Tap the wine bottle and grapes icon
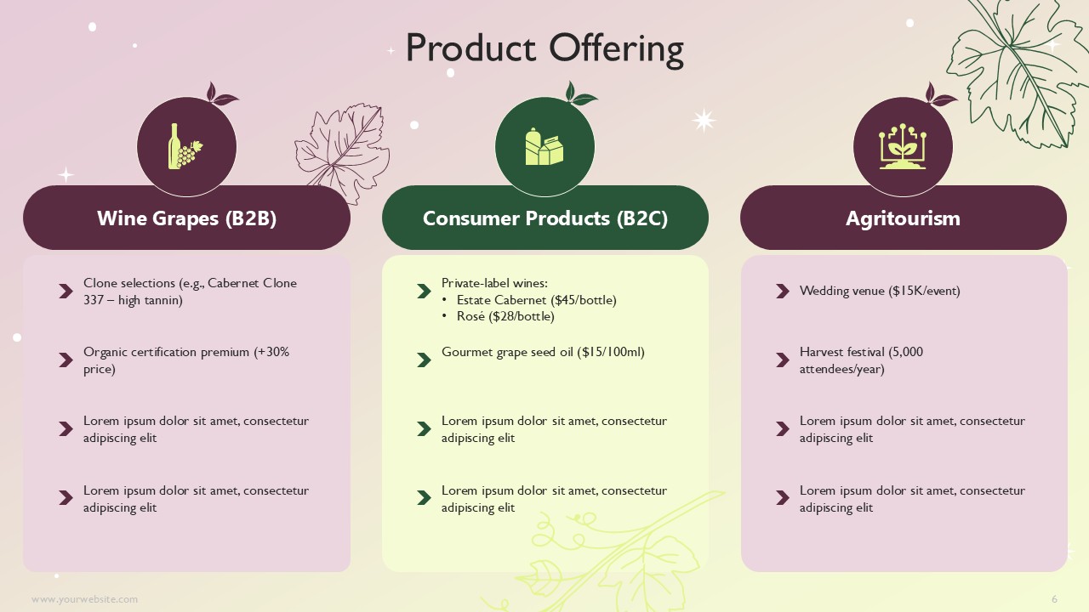[x=185, y=146]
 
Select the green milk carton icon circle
[x=544, y=147]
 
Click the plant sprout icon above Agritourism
[x=903, y=146]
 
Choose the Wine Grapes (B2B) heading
[x=186, y=218]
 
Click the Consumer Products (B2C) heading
[x=545, y=218]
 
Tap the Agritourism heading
[x=903, y=218]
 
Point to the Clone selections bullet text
[x=190, y=292]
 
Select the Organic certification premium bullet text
[x=186, y=360]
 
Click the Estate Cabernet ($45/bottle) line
[x=536, y=300]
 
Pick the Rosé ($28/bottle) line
[x=505, y=316]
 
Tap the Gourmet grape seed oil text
[x=543, y=352]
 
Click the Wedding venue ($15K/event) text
[x=880, y=291]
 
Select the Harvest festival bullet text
[x=861, y=360]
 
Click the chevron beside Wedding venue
[x=782, y=291]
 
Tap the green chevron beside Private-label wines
[x=424, y=291]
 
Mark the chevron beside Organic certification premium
[x=66, y=360]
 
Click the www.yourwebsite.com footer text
[x=84, y=599]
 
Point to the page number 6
[x=1054, y=599]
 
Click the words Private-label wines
[x=494, y=283]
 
